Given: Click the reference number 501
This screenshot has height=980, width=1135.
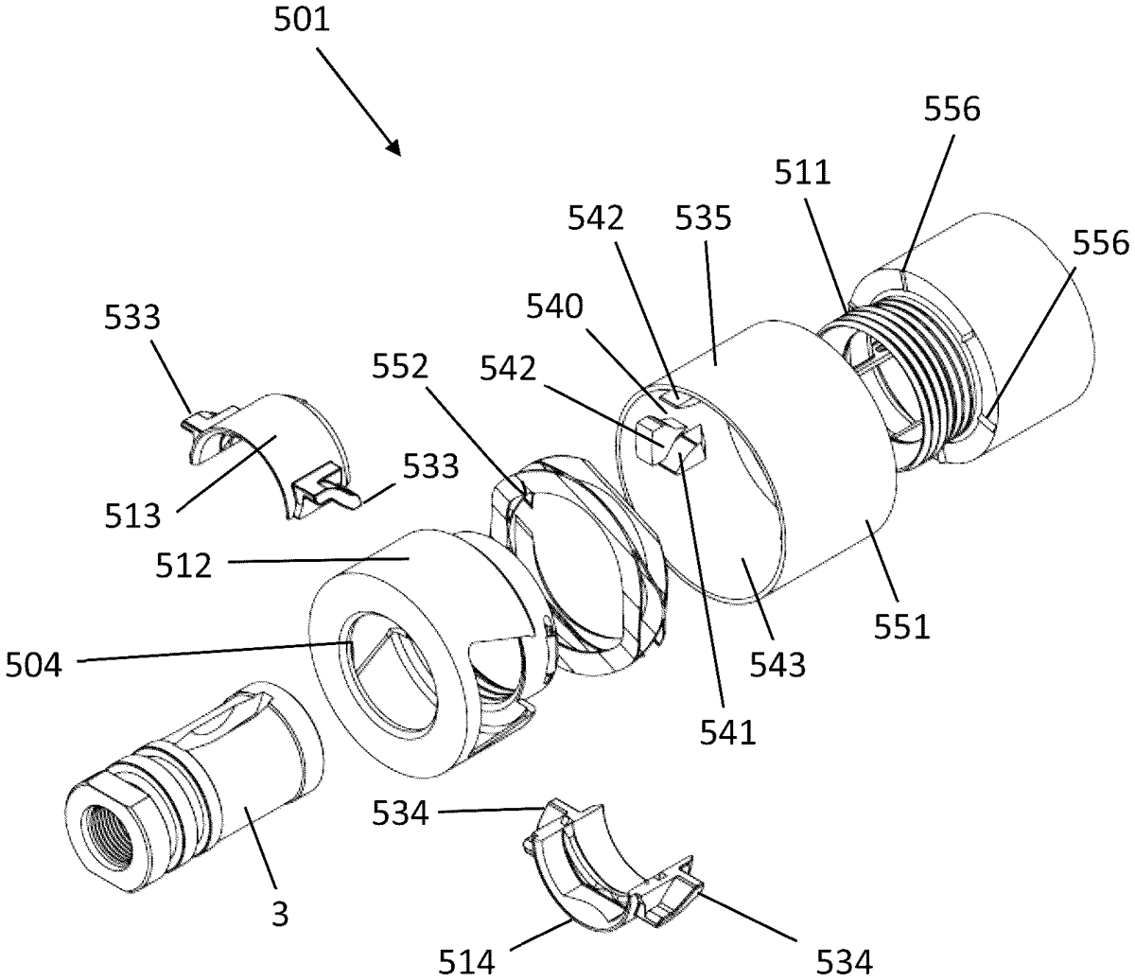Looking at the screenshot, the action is (x=302, y=20).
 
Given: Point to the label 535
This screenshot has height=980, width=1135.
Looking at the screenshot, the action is (x=704, y=218).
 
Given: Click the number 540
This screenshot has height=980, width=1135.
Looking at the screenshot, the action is (x=554, y=306).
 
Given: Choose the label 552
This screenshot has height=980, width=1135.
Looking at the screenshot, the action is (x=400, y=366).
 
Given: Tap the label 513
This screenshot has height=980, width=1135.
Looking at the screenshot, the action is (x=132, y=516).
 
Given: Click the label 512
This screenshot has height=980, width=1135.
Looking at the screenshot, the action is (x=183, y=566).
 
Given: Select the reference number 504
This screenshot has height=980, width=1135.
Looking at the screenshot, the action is (x=34, y=665).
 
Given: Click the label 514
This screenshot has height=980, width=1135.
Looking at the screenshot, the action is (x=466, y=961).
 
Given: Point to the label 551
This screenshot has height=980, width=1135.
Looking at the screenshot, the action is (x=902, y=626).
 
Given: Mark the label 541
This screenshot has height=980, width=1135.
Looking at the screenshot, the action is (x=728, y=732).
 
